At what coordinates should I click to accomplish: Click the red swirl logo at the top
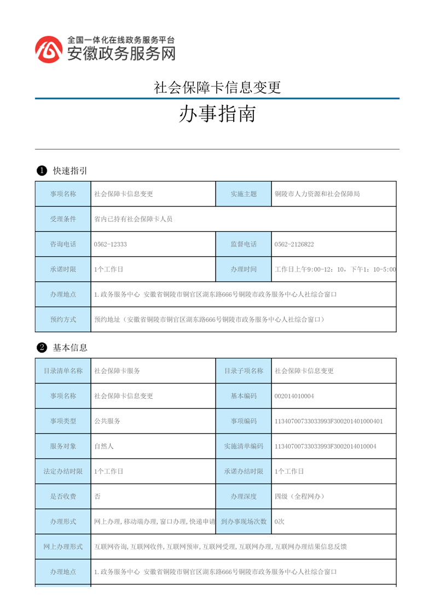pyautogui.click(x=48, y=50)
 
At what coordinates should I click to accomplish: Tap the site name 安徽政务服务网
pyautogui.click(x=121, y=53)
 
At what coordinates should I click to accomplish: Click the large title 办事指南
pyautogui.click(x=217, y=115)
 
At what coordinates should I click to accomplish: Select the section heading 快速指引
pyautogui.click(x=70, y=171)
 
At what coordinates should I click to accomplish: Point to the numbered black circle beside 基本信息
pyautogui.click(x=41, y=347)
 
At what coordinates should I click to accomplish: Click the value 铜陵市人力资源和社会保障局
pyautogui.click(x=317, y=194)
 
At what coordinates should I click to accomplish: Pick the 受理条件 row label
pyautogui.click(x=63, y=219)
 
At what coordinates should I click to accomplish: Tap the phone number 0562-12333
pyautogui.click(x=111, y=244)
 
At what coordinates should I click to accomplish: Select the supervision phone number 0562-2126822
pyautogui.click(x=294, y=244)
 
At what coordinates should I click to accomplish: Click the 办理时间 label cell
pyautogui.click(x=244, y=269)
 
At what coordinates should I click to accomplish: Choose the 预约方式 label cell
pyautogui.click(x=63, y=320)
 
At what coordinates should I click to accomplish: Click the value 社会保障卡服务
pyautogui.click(x=117, y=371)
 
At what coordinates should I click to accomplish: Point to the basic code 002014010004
pyautogui.click(x=294, y=396)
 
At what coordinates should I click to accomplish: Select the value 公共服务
pyautogui.click(x=107, y=421)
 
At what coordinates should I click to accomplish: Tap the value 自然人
pyautogui.click(x=104, y=446)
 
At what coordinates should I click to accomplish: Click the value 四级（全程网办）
pyautogui.click(x=299, y=497)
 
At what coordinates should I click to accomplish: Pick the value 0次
pyautogui.click(x=279, y=522)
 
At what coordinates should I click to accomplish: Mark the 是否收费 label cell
pyautogui.click(x=63, y=497)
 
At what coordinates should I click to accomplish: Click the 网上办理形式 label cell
pyautogui.click(x=63, y=547)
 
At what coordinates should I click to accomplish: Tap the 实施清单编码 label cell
pyautogui.click(x=244, y=446)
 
